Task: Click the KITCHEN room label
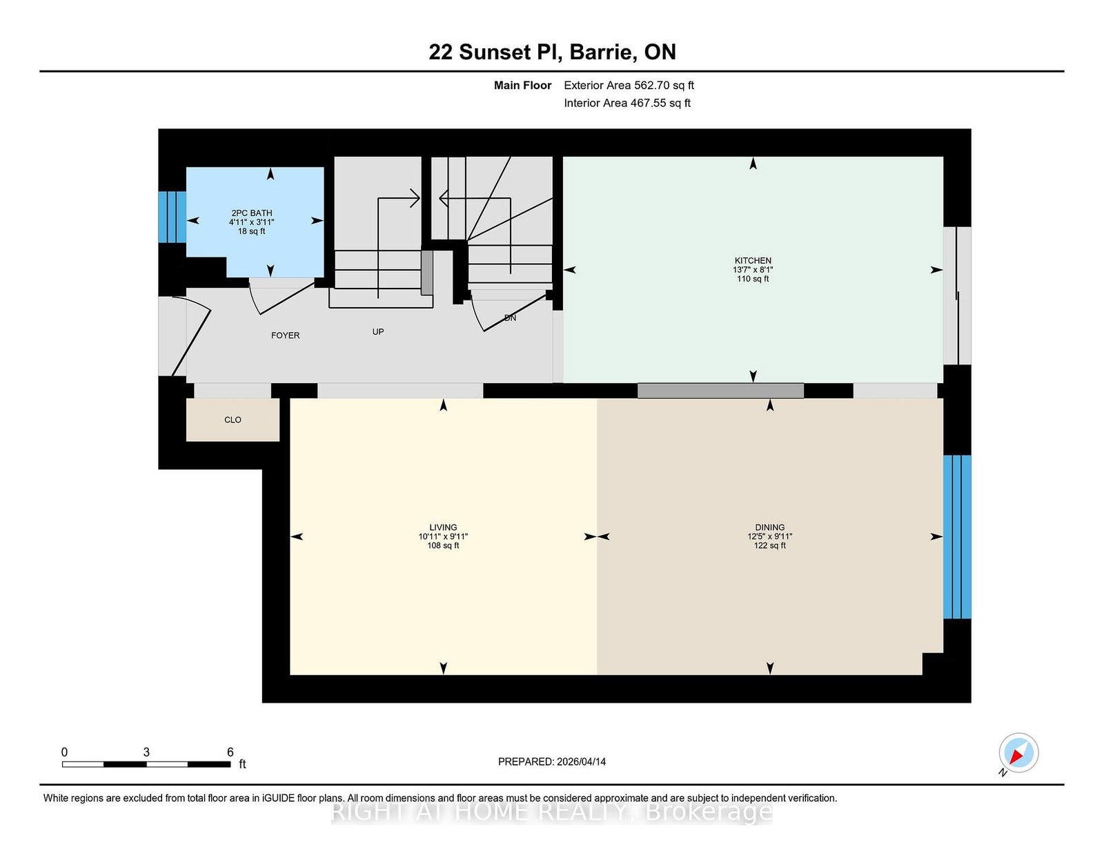click(x=752, y=261)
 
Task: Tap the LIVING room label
click(x=443, y=527)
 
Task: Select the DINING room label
click(x=769, y=527)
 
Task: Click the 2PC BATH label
click(x=251, y=213)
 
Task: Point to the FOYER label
click(x=285, y=336)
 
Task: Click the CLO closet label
click(x=233, y=420)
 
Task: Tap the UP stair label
click(x=378, y=332)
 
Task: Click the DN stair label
click(x=510, y=318)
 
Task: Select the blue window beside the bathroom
click(x=172, y=217)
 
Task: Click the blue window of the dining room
click(x=957, y=536)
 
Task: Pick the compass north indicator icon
click(x=1018, y=753)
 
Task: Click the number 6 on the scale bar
click(x=230, y=752)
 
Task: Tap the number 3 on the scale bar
click(x=146, y=752)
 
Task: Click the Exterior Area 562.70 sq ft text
click(x=629, y=86)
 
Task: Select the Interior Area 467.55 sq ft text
click(x=627, y=103)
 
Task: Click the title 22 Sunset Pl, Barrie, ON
click(x=552, y=52)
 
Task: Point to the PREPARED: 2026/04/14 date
click(x=551, y=761)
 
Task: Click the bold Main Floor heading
click(x=522, y=86)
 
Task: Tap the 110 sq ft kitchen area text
click(x=752, y=279)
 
